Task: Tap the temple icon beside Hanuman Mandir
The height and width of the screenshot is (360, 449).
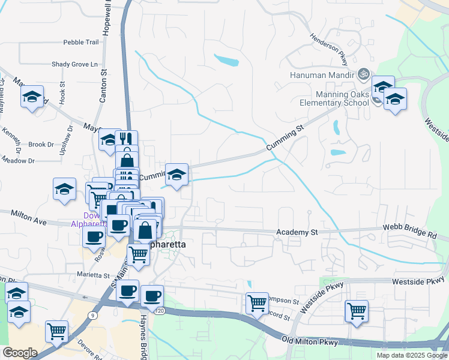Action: tap(362, 75)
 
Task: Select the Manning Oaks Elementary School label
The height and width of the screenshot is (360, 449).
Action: tap(342, 98)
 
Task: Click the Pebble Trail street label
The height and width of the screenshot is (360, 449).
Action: tap(80, 43)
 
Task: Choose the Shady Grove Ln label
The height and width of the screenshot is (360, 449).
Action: tap(74, 64)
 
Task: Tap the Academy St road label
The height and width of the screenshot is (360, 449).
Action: tap(297, 232)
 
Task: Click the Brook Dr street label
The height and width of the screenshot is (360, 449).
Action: tap(41, 145)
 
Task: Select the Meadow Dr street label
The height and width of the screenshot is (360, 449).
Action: tap(18, 161)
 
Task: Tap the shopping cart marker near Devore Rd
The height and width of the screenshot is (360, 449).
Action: tap(56, 330)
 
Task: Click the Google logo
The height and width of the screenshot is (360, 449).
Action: tap(19, 353)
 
